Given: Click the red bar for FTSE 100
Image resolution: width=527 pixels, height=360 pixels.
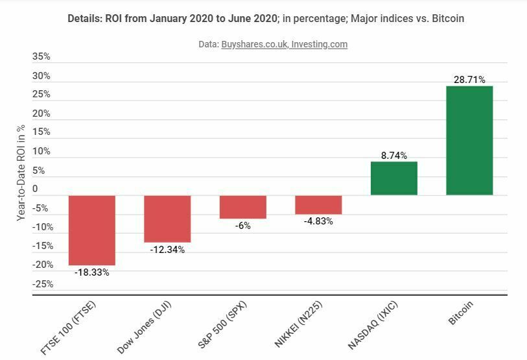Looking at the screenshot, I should pyautogui.click(x=92, y=230).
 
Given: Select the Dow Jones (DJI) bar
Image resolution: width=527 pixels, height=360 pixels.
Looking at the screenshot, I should pyautogui.click(x=167, y=219).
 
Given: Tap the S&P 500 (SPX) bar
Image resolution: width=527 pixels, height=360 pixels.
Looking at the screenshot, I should pyautogui.click(x=242, y=207).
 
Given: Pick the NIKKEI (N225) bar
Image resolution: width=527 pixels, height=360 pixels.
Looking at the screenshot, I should pyautogui.click(x=318, y=204).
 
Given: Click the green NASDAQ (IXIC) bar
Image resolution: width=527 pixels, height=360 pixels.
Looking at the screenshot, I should pyautogui.click(x=393, y=178).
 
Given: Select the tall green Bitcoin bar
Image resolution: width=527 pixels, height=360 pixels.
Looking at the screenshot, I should pyautogui.click(x=469, y=140).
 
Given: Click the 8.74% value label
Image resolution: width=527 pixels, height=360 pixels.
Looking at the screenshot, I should pyautogui.click(x=393, y=156).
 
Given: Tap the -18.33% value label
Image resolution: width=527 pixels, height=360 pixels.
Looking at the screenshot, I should pyautogui.click(x=92, y=272).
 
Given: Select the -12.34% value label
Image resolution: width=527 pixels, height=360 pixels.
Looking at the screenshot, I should pyautogui.click(x=167, y=250).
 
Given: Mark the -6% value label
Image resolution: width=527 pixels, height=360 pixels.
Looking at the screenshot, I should pyautogui.click(x=242, y=226).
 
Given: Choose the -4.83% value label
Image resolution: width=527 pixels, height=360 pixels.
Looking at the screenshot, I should pyautogui.click(x=318, y=221).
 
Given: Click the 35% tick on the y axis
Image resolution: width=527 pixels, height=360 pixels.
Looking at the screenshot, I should pyautogui.click(x=41, y=57).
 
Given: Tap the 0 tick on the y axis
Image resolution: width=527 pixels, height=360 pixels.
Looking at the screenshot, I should pyautogui.click(x=35, y=189).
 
